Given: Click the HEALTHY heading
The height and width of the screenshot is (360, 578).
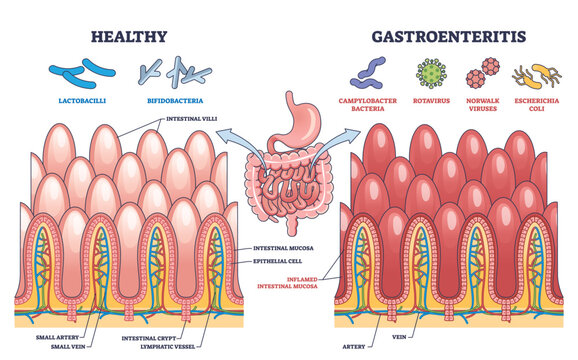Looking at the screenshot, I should click(x=130, y=37).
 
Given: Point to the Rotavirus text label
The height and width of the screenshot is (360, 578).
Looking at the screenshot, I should click(x=430, y=102).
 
